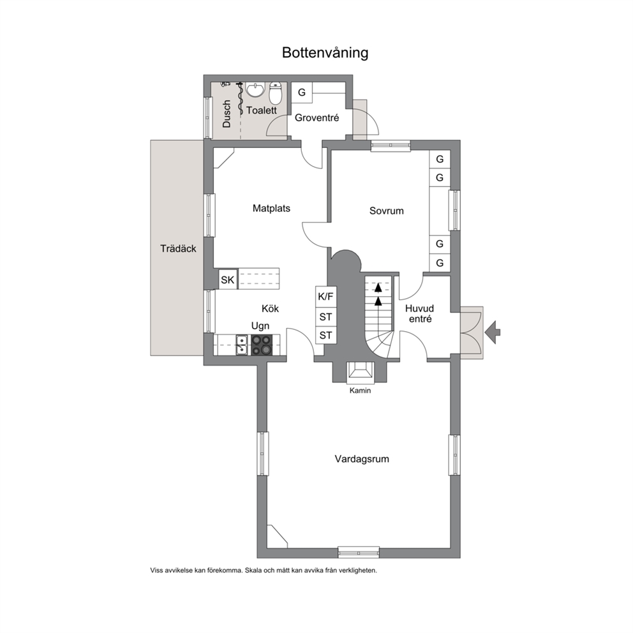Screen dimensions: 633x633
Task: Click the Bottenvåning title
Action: point(325,53)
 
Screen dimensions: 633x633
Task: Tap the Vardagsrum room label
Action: point(362,459)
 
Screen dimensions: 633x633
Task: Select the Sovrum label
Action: point(386,211)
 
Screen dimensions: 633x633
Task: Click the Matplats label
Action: point(271,208)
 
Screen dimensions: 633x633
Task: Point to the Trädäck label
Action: point(178,248)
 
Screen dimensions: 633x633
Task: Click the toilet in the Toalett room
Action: point(275,93)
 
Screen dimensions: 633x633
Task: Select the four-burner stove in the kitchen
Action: point(262,345)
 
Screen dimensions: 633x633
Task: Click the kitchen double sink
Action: point(242,345)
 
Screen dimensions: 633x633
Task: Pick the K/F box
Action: point(326,297)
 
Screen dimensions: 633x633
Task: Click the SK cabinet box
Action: point(228,279)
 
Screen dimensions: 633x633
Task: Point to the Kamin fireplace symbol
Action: point(360,372)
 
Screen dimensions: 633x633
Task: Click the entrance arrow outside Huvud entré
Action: point(493,332)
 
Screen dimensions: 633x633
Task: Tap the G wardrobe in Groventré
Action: point(302,93)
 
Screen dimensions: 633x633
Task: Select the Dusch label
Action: point(227,114)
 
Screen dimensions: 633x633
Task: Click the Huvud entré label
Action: point(420,314)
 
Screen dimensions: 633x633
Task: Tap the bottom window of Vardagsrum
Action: point(359,552)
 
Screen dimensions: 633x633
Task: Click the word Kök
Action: point(270,308)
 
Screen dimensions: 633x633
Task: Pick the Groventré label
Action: point(317,118)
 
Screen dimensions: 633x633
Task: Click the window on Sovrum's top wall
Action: point(391,145)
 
